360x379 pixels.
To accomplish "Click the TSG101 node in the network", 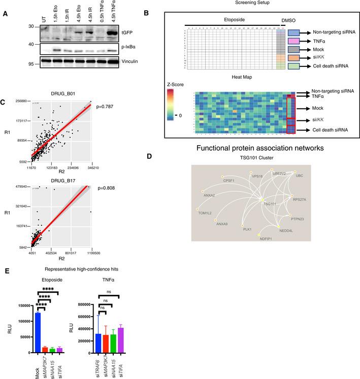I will pos(263,203).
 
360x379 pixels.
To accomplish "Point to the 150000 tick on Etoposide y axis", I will pos(22,306).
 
